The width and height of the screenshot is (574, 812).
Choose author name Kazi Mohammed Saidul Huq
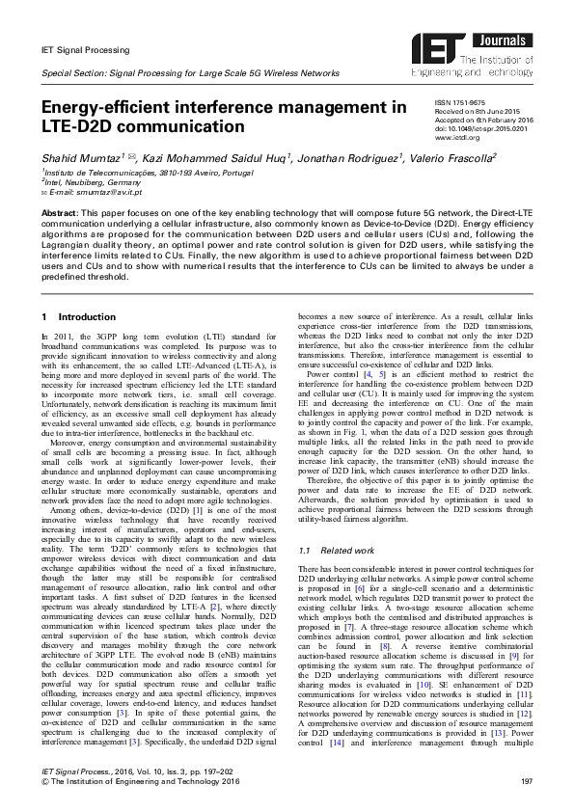coord(200,157)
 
